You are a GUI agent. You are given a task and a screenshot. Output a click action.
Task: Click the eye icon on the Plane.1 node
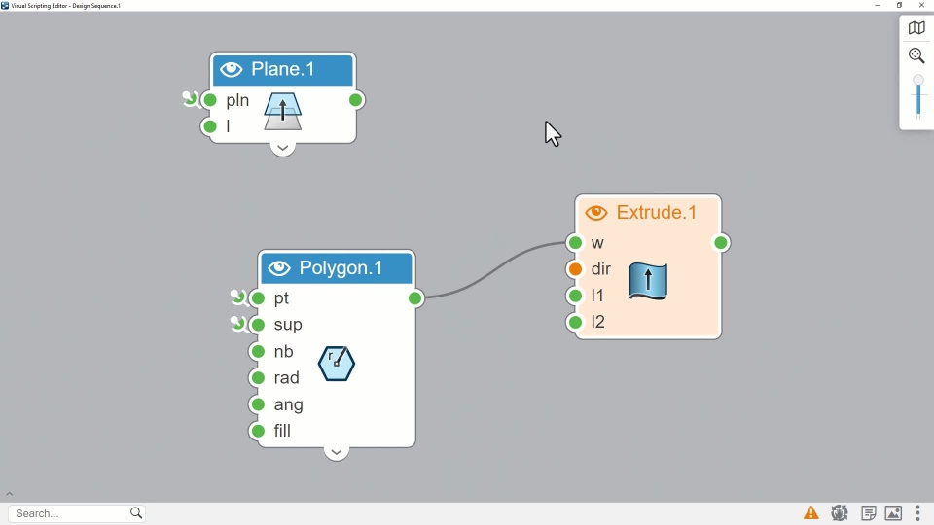[x=231, y=70]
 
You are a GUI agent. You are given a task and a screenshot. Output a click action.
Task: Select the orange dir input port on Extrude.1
[x=576, y=269]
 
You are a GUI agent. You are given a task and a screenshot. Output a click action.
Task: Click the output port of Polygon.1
[x=415, y=298]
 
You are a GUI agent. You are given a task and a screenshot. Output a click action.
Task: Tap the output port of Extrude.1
[x=721, y=243]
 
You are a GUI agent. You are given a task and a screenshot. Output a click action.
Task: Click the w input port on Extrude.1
[x=576, y=243]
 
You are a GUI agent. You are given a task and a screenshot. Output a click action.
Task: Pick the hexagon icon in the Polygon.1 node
[x=337, y=364]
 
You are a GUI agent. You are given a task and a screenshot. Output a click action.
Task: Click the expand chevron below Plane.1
[x=282, y=149]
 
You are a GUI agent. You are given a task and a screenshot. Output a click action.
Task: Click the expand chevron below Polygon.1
[x=336, y=452]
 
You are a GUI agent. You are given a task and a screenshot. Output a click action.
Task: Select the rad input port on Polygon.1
[x=258, y=378]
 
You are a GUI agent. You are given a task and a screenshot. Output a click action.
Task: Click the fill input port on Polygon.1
[x=258, y=431]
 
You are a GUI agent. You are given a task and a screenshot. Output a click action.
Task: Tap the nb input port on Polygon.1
[x=258, y=352]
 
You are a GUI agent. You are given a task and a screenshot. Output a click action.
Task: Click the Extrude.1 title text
[x=657, y=213]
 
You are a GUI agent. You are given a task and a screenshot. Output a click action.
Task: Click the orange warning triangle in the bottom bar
[x=810, y=513]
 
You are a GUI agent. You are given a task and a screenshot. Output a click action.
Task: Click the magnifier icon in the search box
[x=136, y=513]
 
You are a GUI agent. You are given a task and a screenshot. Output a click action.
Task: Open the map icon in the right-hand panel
[x=916, y=28]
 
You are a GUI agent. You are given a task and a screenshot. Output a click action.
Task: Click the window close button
[x=922, y=6]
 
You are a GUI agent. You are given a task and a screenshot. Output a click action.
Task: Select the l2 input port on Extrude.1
[x=576, y=322]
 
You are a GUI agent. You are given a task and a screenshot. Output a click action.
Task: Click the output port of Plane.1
[x=356, y=100]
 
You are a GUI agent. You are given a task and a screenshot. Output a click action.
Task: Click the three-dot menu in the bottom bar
[x=918, y=513]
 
